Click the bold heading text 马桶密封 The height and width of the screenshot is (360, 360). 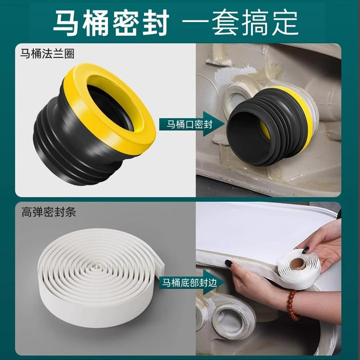tap(111, 22)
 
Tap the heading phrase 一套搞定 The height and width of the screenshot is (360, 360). tap(240, 22)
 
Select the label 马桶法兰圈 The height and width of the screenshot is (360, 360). tap(47, 53)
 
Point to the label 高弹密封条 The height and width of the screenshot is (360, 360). tap(48, 212)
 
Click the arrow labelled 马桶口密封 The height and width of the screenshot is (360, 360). tap(192, 124)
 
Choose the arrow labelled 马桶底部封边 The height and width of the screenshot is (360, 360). tap(192, 282)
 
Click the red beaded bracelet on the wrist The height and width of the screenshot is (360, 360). tap(292, 305)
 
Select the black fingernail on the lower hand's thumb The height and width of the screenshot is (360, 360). tap(229, 263)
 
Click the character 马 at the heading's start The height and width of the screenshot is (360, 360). tap(66, 22)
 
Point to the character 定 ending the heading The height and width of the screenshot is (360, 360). tap(285, 22)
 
